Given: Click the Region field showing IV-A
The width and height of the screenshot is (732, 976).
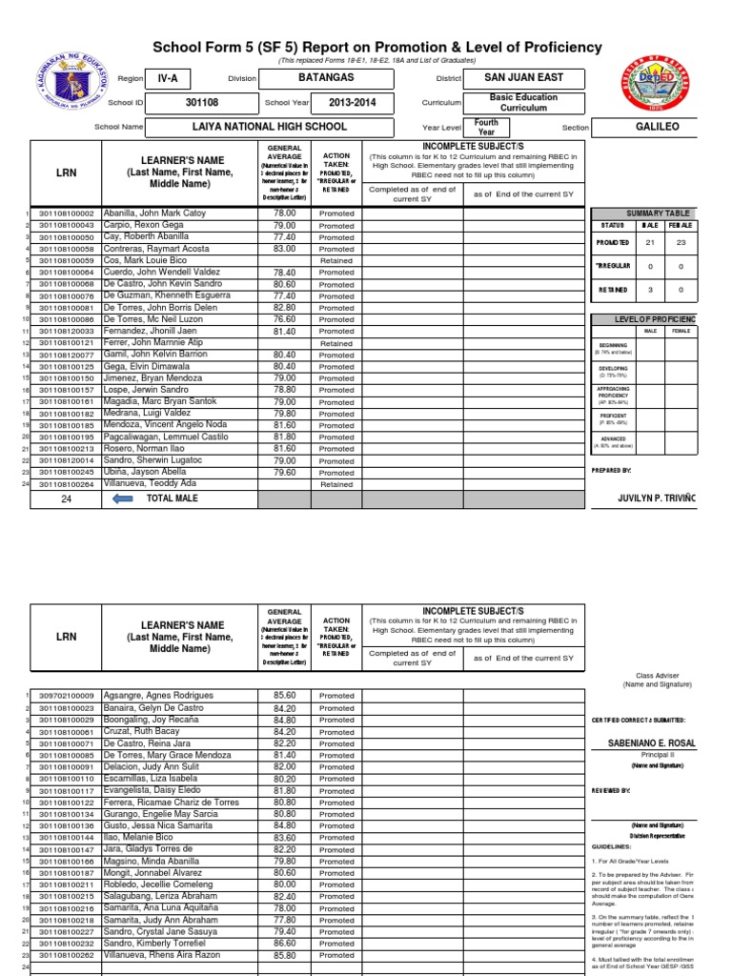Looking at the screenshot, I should (168, 78).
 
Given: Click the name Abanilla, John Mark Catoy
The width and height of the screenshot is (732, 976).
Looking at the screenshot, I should (154, 213).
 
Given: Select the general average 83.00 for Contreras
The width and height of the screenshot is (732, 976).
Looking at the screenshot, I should (284, 249).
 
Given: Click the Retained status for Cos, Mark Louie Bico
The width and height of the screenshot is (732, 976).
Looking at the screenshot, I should (335, 260).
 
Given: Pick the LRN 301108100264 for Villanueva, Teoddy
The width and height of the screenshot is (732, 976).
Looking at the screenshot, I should (66, 484).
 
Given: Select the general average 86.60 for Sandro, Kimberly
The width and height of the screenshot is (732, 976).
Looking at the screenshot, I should (284, 943).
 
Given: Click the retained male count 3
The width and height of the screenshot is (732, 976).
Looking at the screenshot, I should (650, 291).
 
